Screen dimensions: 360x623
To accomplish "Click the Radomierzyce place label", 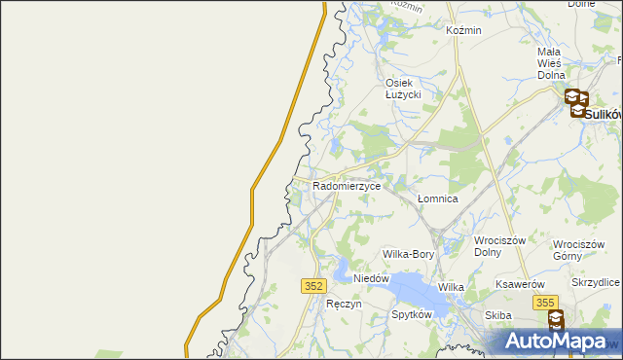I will pyautogui.click(x=347, y=184).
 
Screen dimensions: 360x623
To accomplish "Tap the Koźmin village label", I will pyautogui.click(x=463, y=30).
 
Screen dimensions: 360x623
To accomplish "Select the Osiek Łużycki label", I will pyautogui.click(x=401, y=89).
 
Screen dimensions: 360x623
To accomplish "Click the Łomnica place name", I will pyautogui.click(x=437, y=198).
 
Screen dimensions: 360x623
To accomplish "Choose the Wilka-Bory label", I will pyautogui.click(x=408, y=254).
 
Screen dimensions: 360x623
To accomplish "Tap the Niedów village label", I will pyautogui.click(x=371, y=278).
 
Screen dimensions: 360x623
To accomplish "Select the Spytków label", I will pyautogui.click(x=411, y=315).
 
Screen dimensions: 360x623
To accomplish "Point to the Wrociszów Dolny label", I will pyautogui.click(x=499, y=247).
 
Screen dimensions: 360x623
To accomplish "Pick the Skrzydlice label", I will pyautogui.click(x=596, y=282).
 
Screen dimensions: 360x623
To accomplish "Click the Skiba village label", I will pyautogui.click(x=498, y=315).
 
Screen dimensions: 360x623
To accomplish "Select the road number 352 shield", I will pyautogui.click(x=312, y=285).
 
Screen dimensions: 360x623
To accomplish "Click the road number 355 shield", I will pyautogui.click(x=546, y=304).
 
